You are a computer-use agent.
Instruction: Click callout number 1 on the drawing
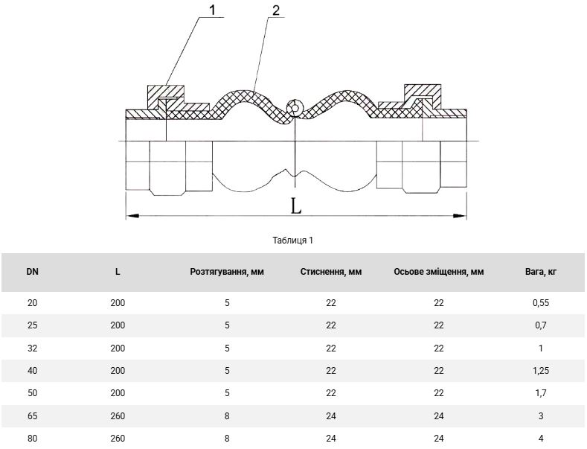click(x=212, y=10)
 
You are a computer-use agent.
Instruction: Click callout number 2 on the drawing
click(x=275, y=10)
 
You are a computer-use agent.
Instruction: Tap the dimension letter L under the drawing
click(x=296, y=206)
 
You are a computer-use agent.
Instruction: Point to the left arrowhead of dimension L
click(x=133, y=216)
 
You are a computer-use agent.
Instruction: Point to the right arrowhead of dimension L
click(x=460, y=216)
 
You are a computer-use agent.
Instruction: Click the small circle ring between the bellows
click(x=295, y=108)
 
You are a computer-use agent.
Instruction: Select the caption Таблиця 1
click(x=292, y=241)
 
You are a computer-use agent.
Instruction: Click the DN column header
click(x=33, y=272)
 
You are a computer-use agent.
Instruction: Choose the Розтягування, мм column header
click(x=227, y=272)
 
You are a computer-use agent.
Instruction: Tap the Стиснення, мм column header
click(x=331, y=272)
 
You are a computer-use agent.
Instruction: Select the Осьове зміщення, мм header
click(x=439, y=272)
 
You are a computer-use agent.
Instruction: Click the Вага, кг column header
click(x=541, y=272)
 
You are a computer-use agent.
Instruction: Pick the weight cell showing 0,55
click(x=541, y=303)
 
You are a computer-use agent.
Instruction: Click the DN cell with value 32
click(x=33, y=348)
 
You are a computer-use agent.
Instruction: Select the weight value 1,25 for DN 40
click(x=541, y=371)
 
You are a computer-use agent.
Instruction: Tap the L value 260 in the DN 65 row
click(x=118, y=416)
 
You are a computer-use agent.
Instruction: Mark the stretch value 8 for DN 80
click(x=227, y=438)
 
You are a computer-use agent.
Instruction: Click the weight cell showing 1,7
click(x=541, y=393)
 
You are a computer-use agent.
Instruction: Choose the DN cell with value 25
click(x=33, y=325)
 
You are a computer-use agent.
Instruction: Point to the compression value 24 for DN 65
click(x=331, y=416)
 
